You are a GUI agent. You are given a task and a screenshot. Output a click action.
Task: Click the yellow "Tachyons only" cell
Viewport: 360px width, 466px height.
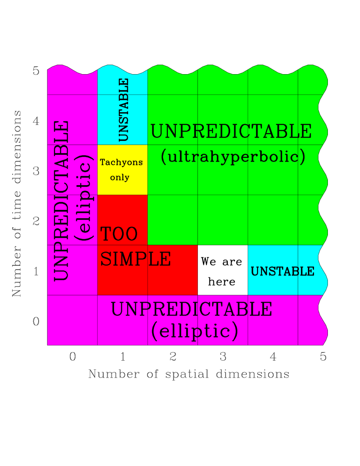[122, 170]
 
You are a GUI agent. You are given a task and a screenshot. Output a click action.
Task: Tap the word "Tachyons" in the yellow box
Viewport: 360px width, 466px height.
[121, 163]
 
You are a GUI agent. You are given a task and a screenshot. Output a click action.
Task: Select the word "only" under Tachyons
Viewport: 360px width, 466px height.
[120, 178]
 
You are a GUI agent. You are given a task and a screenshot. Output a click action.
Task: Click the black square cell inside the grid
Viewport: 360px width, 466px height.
[223, 270]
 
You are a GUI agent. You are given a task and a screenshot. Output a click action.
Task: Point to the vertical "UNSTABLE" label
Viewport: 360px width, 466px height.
[124, 110]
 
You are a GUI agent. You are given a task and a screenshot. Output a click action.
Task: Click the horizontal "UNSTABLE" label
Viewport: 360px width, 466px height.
[282, 271]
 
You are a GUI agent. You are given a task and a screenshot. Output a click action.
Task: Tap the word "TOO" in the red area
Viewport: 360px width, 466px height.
[119, 234]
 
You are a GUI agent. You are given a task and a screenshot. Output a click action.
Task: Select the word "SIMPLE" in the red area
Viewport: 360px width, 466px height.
[135, 259]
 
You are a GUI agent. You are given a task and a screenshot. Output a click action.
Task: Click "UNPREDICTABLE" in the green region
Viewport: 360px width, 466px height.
[231, 131]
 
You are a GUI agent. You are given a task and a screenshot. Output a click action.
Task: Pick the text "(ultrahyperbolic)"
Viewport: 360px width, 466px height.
[233, 156]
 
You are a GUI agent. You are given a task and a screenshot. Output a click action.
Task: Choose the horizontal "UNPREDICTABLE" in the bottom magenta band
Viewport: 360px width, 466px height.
[191, 310]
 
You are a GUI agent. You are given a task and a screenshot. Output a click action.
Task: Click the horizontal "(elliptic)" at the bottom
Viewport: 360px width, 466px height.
[195, 331]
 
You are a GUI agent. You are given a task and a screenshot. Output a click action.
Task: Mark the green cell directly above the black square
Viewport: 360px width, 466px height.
[223, 220]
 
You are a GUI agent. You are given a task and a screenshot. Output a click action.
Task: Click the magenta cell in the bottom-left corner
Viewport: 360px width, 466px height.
[72, 320]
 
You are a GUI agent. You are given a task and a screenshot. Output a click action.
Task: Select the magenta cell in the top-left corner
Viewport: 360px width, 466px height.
[72, 82]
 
